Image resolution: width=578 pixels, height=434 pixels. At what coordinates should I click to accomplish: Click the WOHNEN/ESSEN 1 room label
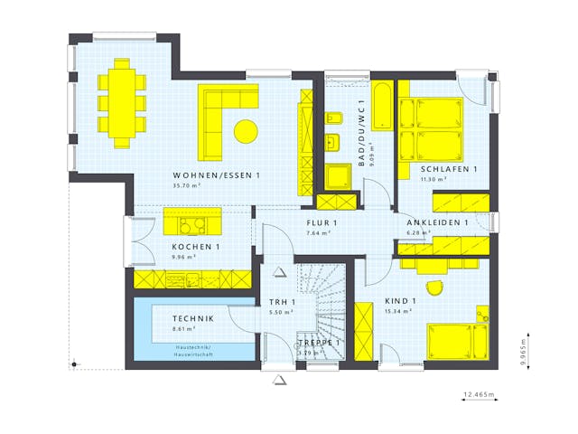pos(217,175)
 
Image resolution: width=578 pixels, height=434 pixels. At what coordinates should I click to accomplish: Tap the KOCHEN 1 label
pos(196,247)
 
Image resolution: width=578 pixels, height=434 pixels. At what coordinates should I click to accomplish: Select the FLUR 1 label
pos(321,223)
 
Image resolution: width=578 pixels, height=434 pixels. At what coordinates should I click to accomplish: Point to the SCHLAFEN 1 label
pos(448,169)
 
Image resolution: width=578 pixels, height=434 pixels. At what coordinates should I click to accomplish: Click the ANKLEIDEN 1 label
pos(437,222)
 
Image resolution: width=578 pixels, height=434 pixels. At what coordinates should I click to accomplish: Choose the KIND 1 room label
pos(400,301)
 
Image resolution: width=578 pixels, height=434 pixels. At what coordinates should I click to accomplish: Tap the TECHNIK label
pos(193,318)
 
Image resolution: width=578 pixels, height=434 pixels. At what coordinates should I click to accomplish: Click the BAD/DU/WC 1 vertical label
pos(360,133)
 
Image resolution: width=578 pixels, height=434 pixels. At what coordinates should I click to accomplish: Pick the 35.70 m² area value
pos(187,184)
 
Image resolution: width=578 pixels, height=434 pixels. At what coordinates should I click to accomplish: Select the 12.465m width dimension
pos(479,395)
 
